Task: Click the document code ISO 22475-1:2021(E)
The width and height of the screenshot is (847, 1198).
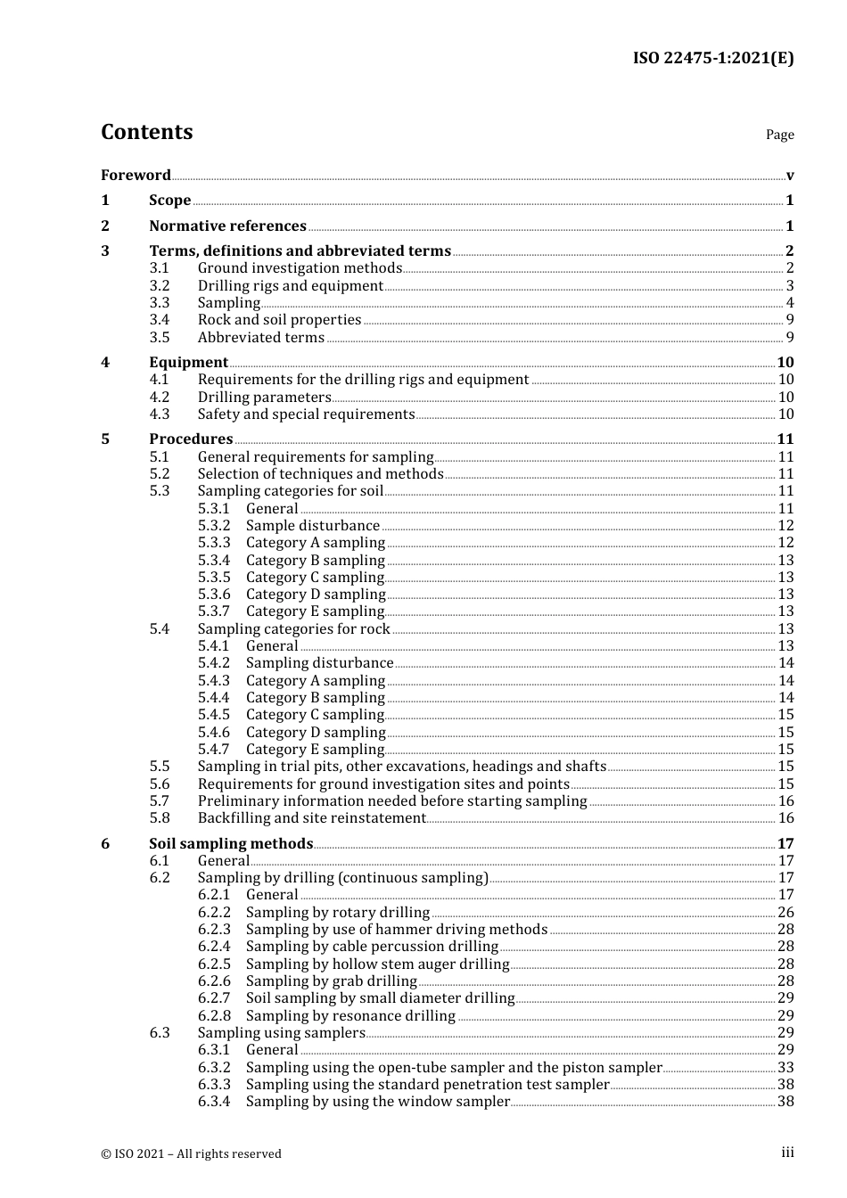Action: [712, 58]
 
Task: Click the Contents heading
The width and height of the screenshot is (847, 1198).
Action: [146, 132]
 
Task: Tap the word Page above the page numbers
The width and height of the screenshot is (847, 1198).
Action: [779, 135]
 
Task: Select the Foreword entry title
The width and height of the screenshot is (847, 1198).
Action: [136, 175]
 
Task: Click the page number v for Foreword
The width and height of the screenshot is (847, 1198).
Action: [790, 176]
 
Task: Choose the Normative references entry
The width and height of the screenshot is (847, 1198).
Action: [227, 226]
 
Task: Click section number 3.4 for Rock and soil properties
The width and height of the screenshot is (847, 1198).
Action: [160, 320]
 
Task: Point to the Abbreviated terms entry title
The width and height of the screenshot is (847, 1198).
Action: [260, 338]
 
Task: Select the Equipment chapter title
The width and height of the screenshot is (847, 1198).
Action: [188, 363]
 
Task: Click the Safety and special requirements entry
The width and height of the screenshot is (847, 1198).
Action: [306, 414]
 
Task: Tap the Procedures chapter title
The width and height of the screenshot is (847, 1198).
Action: [191, 439]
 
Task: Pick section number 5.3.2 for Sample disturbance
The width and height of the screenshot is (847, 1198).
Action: [214, 526]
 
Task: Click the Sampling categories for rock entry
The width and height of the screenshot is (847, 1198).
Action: [293, 629]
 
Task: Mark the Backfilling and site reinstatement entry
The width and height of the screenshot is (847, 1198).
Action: [311, 818]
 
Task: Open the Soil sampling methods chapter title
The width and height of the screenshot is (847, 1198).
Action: [231, 844]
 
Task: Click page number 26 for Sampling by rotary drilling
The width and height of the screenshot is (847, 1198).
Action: [785, 913]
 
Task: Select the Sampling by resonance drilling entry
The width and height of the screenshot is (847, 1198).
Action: [350, 1016]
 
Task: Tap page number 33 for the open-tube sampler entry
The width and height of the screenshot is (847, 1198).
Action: [785, 1068]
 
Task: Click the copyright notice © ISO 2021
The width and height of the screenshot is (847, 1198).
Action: [191, 1153]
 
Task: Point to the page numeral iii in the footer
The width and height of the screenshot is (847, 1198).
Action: [787, 1153]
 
